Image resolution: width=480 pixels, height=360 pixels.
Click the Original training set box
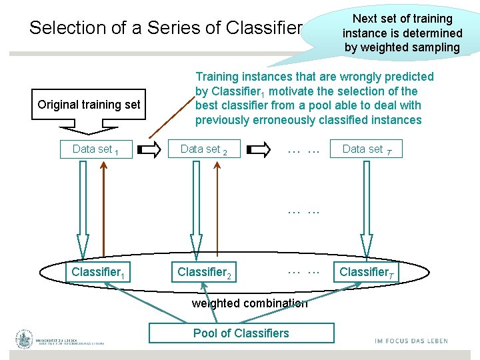[89, 104]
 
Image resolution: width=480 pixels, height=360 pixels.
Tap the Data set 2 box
[204, 149]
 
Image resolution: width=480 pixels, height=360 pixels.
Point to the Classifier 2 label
[204, 272]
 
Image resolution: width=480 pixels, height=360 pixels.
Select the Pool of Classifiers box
[241, 333]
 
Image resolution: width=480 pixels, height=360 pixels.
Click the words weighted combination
[249, 303]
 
